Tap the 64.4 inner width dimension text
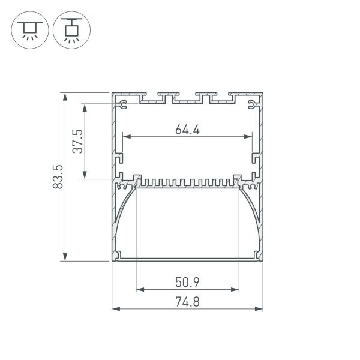pyautogui.click(x=187, y=129)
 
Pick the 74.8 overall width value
pyautogui.click(x=187, y=302)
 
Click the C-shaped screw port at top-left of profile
pyautogui.click(x=123, y=107)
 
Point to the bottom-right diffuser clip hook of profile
pyautogui.click(x=256, y=256)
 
